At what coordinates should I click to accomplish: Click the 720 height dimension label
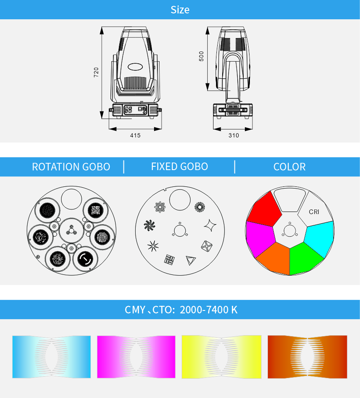[x=96, y=72]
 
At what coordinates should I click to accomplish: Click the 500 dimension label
[x=201, y=56]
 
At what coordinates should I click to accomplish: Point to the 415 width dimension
[x=135, y=135]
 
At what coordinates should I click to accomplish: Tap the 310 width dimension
[x=234, y=135]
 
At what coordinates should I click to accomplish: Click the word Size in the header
[x=180, y=10]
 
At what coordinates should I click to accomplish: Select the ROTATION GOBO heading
[x=71, y=167]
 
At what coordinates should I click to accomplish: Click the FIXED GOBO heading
[x=180, y=166]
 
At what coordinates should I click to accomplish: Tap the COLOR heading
[x=290, y=167]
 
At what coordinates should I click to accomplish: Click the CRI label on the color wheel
[x=314, y=212]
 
